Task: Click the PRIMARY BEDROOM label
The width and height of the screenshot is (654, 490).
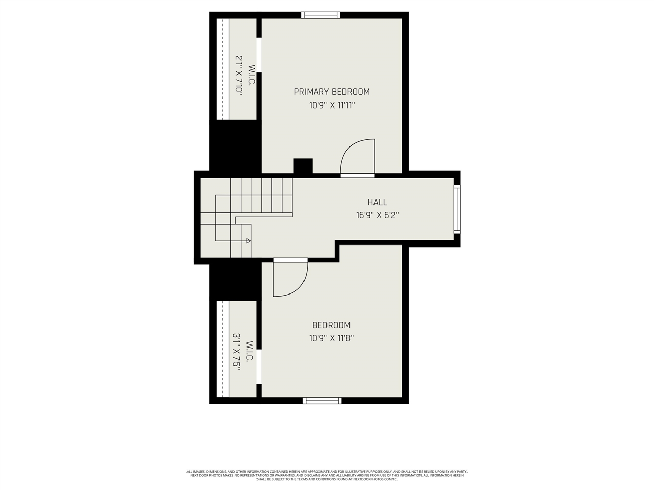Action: point(332,92)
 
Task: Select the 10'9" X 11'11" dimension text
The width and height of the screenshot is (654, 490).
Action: point(332,106)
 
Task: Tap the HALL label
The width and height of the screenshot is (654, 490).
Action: point(377,202)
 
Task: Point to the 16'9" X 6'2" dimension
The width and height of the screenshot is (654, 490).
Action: point(377,215)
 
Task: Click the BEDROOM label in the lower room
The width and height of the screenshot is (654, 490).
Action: point(331,325)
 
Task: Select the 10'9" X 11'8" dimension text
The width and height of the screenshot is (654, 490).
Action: point(331,338)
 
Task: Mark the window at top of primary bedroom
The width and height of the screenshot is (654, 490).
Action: point(321,15)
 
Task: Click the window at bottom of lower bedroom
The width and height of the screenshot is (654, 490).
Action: point(322,401)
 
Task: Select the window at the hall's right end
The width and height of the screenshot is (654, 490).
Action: point(457,209)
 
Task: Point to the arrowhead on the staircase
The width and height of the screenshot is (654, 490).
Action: point(248,240)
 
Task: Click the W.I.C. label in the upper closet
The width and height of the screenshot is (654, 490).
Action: point(251,75)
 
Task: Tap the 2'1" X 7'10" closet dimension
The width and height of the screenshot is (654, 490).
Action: point(239,74)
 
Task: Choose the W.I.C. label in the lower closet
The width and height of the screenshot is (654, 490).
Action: point(249,352)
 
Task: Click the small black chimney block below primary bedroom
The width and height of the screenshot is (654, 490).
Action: point(302,166)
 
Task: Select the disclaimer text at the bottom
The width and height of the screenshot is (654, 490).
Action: point(327,475)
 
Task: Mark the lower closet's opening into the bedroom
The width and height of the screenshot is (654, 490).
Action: point(259,366)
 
